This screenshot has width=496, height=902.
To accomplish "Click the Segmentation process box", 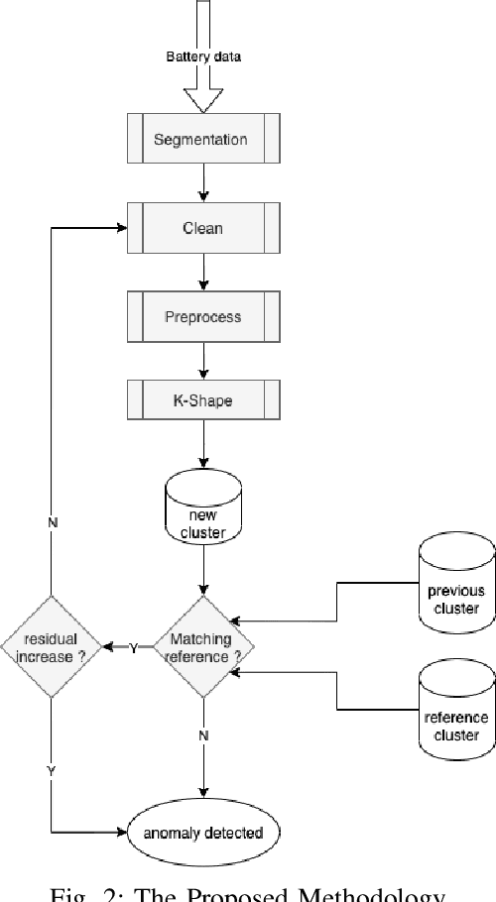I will pos(202,140).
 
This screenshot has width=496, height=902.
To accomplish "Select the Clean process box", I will pos(202,228).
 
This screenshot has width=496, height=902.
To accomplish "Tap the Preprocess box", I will pos(202,317).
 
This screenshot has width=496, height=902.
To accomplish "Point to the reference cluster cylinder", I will pos(455,709).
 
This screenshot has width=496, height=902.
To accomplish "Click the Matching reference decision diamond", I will pos(202,647).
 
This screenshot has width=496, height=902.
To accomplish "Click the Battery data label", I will pos(202,56).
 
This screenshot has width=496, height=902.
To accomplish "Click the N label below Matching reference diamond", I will pos(202,735).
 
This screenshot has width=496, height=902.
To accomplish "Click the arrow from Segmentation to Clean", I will pos(202,183).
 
